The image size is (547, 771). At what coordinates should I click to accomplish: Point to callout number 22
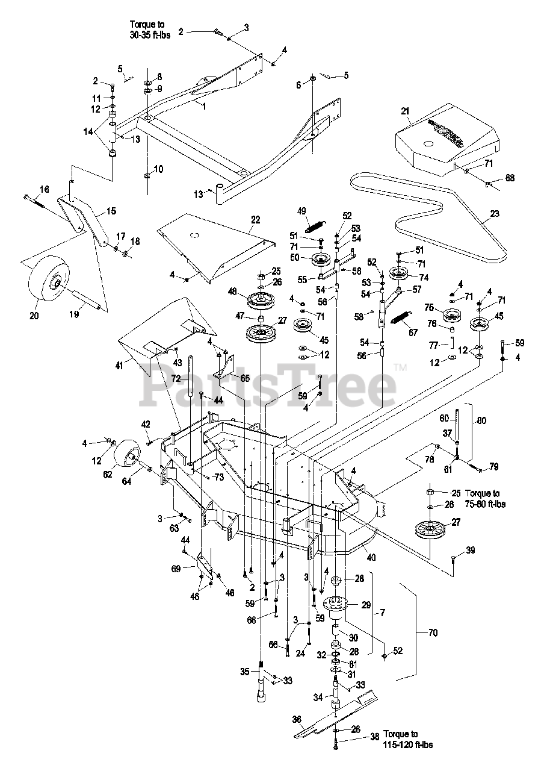256,220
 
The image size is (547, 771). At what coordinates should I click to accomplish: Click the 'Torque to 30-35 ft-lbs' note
150,30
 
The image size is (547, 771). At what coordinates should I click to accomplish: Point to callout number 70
433,632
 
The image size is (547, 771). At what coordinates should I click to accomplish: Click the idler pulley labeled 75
448,316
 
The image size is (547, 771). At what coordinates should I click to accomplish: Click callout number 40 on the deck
371,558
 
